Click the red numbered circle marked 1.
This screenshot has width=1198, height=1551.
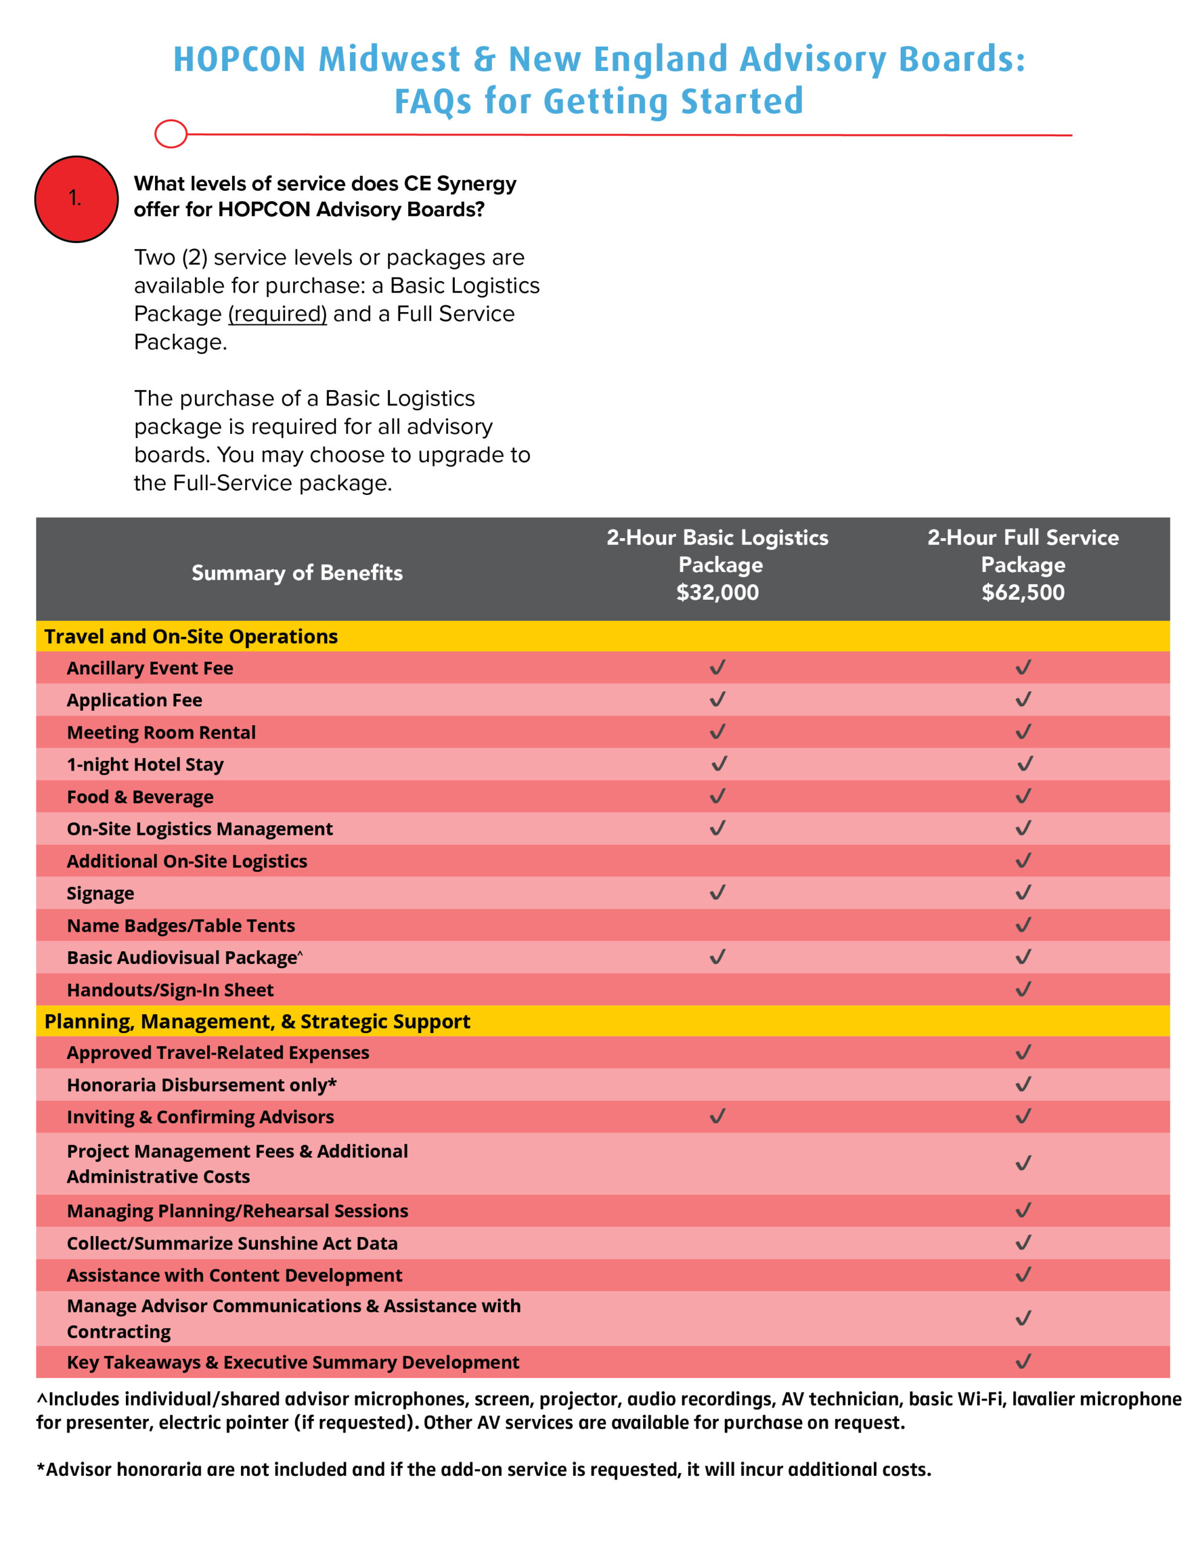(76, 199)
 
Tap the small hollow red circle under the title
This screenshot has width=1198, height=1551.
(170, 133)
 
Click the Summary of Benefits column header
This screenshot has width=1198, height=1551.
(297, 573)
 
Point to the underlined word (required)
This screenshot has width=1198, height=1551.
(277, 314)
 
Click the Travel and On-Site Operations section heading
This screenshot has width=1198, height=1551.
(191, 636)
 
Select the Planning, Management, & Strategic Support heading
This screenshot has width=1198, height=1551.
(257, 1021)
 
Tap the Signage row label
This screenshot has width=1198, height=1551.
(100, 894)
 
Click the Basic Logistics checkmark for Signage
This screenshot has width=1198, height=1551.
(717, 892)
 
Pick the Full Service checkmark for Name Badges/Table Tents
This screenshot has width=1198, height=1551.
(1022, 925)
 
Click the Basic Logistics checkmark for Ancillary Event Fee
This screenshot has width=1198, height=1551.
(717, 668)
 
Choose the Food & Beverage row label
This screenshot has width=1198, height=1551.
(140, 797)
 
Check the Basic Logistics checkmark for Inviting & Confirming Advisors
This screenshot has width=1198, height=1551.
(717, 1117)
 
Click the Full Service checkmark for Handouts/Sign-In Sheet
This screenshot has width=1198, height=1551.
(1022, 989)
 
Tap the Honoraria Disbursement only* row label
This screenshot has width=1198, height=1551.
(202, 1085)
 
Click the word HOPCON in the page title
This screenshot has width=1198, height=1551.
(239, 59)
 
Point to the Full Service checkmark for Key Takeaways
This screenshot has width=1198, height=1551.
(1022, 1361)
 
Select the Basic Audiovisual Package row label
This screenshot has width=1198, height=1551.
(182, 958)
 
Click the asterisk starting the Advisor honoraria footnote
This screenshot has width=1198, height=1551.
(41, 1468)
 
